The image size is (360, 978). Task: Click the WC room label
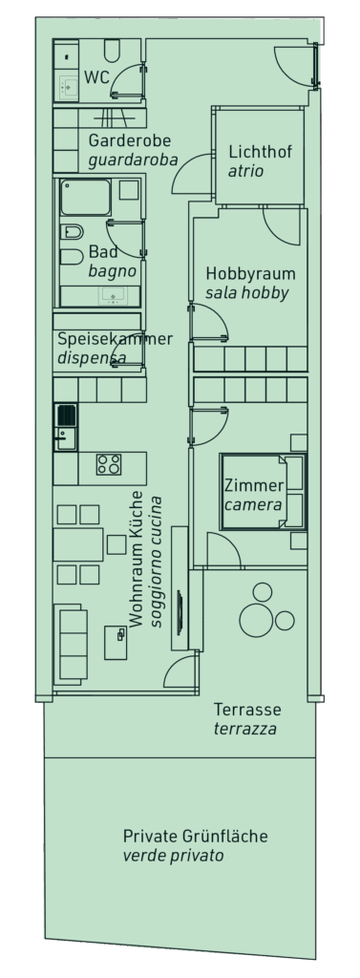(96, 77)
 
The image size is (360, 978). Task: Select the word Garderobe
(130, 140)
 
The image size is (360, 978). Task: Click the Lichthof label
(260, 152)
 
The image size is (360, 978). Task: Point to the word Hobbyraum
(251, 274)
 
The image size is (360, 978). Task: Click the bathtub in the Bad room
(86, 198)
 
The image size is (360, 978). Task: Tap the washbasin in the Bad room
(113, 296)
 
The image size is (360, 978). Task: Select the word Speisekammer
(116, 339)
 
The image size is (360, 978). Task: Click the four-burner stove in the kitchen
(109, 464)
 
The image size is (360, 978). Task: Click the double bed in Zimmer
(264, 492)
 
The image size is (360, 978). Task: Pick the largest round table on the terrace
(257, 619)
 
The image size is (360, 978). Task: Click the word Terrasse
(247, 710)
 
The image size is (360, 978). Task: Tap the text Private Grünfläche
(196, 836)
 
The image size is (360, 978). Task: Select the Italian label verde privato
(174, 856)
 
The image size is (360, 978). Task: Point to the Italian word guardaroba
(133, 160)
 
